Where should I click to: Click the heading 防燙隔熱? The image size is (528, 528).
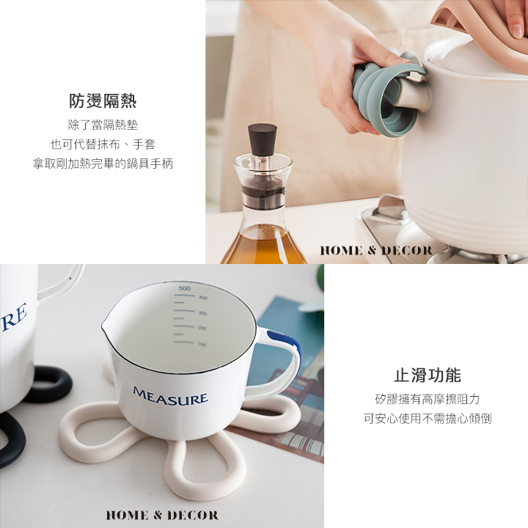tap(103, 100)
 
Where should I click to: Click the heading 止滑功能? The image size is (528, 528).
tap(428, 375)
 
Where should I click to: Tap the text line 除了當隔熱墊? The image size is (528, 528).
tap(103, 125)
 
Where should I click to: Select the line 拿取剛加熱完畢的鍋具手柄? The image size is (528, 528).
tap(103, 164)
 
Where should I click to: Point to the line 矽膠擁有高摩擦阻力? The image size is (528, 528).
tap(428, 400)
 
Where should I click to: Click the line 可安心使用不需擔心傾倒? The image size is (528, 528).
tap(428, 419)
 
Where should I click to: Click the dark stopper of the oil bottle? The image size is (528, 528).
tap(263, 139)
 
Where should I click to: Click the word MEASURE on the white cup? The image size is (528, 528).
tap(170, 395)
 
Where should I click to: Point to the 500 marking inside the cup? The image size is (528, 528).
tap(185, 288)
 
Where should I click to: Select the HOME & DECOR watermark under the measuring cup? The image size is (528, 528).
tap(162, 516)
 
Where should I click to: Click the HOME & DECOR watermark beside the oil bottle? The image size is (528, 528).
tap(376, 251)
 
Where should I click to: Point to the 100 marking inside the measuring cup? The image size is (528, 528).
tap(202, 344)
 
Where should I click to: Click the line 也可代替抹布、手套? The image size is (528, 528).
tap(103, 144)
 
